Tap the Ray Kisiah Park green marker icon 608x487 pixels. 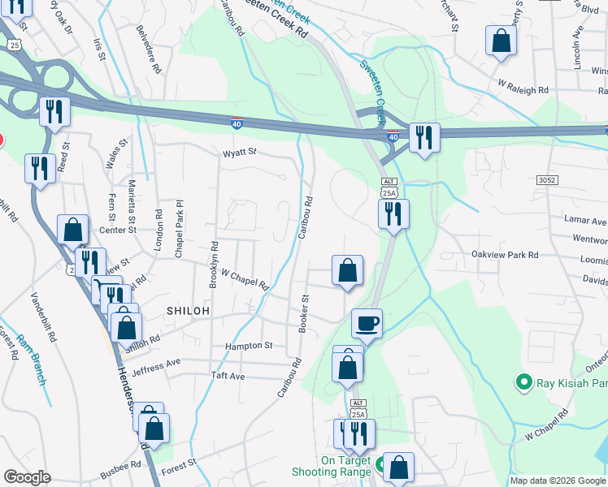[x=523, y=381]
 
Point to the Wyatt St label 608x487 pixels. [x=240, y=152]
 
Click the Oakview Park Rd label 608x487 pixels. [x=505, y=254]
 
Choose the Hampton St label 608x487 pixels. [x=250, y=346]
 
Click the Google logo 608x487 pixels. [x=28, y=477]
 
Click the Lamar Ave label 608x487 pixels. [x=585, y=221]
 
